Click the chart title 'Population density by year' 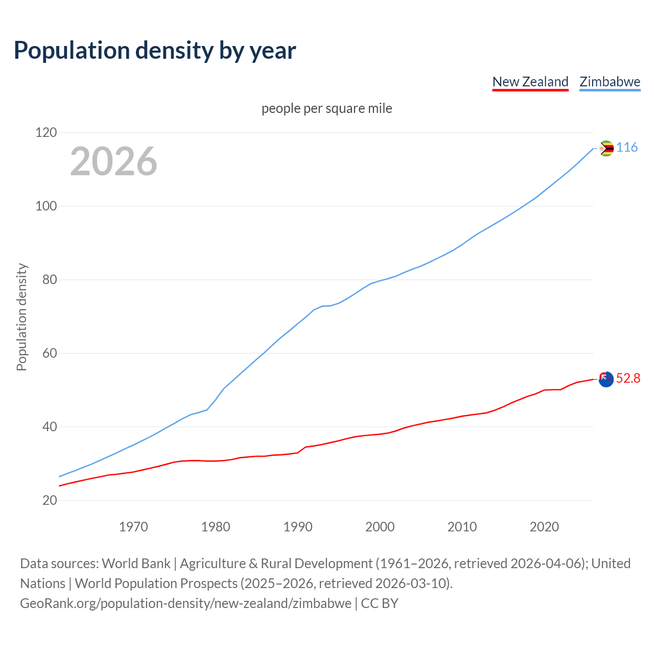click(155, 50)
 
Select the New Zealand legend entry click(530, 82)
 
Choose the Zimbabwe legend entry click(610, 82)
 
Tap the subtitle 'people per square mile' click(326, 108)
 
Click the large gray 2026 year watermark click(113, 161)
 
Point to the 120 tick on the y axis click(46, 133)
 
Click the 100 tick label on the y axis click(46, 206)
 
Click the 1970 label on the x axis click(133, 527)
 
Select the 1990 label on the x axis click(298, 527)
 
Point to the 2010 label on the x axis click(462, 527)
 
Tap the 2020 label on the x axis click(544, 527)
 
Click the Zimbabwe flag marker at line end click(606, 149)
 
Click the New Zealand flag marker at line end click(606, 379)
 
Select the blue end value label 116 click(627, 148)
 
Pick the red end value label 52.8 click(628, 378)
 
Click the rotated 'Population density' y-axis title click(21, 317)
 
